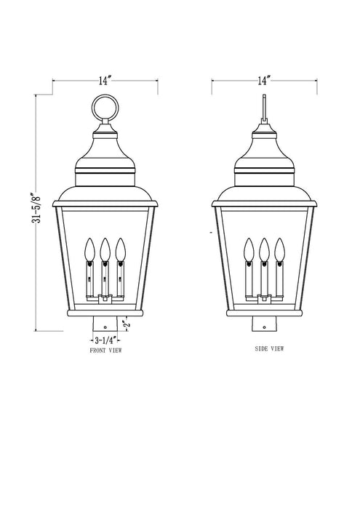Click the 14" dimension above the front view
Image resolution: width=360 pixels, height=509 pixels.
pyautogui.click(x=106, y=81)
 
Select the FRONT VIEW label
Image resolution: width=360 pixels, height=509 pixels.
pyautogui.click(x=105, y=350)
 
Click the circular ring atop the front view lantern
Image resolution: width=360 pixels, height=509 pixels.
pyautogui.click(x=105, y=111)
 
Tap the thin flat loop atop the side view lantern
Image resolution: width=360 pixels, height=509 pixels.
pyautogui.click(x=263, y=109)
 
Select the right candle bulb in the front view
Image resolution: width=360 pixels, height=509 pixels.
pyautogui.click(x=120, y=251)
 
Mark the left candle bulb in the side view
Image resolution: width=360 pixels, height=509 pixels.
pyautogui.click(x=249, y=251)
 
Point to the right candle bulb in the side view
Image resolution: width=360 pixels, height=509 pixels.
pyautogui.click(x=278, y=251)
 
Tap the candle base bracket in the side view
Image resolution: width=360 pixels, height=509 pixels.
pyautogui.click(x=263, y=296)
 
